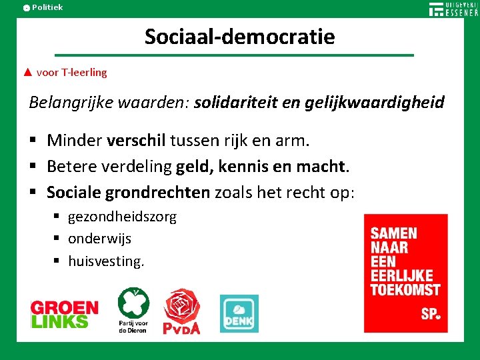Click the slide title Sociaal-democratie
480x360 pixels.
point(240,36)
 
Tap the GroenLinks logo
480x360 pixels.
point(64,314)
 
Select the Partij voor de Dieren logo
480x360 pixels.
point(133,310)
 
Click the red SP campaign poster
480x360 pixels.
point(405,273)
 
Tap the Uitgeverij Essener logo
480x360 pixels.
point(453,9)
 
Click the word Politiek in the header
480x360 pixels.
point(47,7)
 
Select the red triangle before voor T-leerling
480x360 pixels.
point(27,72)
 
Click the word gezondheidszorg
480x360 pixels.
point(122,217)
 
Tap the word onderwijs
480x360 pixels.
point(99,239)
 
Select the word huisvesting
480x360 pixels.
point(105,261)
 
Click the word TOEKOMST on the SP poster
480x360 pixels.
point(405,290)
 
